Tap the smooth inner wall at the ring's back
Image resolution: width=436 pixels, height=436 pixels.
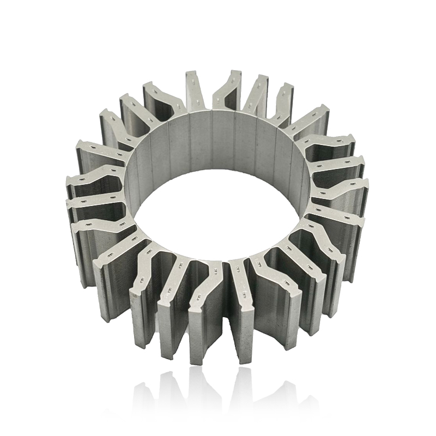[218, 136]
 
